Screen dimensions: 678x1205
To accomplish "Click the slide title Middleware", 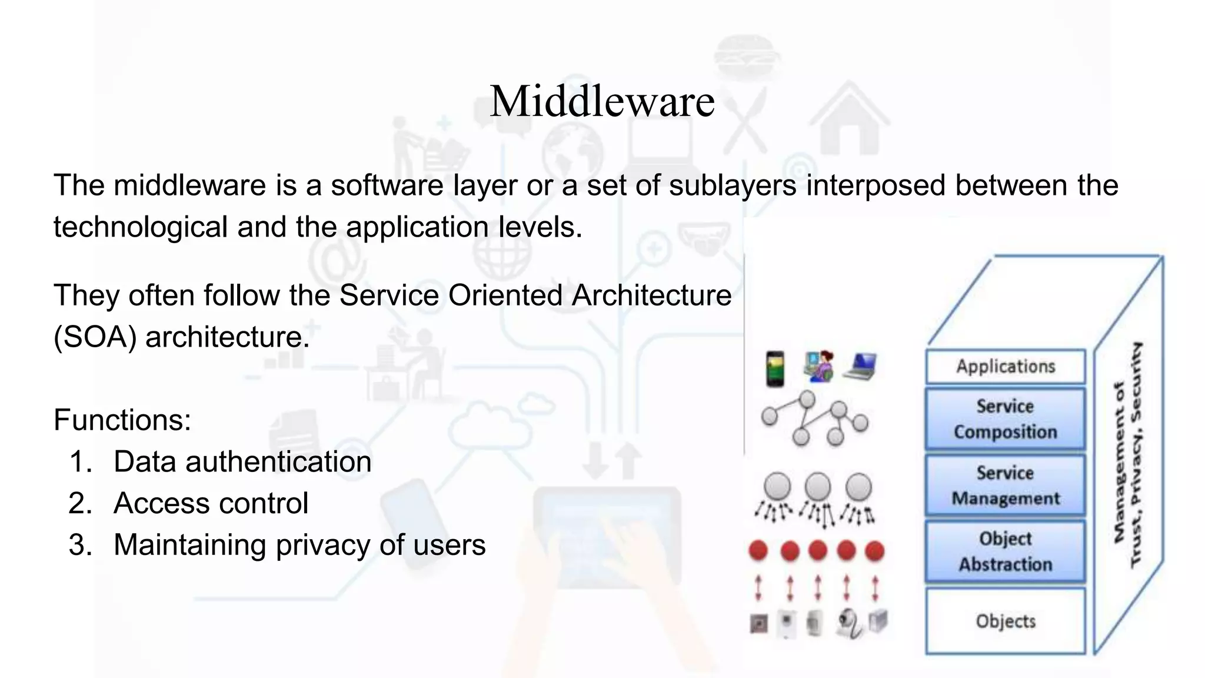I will point(602,101).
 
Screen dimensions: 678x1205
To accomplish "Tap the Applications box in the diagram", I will point(1005,366).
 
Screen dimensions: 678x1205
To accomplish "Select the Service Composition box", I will point(1005,418).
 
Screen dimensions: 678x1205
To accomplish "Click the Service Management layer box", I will point(1005,486).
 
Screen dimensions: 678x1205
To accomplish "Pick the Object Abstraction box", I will point(1005,551).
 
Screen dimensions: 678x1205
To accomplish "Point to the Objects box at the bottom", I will point(1005,621).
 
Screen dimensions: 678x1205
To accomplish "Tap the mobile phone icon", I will point(775,368).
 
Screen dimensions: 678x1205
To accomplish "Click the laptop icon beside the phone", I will point(860,366).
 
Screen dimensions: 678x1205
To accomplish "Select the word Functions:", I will point(122,420).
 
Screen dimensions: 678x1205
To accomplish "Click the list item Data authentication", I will point(242,461).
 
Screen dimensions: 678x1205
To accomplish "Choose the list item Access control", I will point(211,503).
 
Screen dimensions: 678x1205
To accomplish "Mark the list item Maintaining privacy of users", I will point(299,545).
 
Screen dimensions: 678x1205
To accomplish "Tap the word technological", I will point(141,227).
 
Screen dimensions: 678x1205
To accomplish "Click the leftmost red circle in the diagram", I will point(758,551).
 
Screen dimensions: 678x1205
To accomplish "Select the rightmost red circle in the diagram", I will point(875,551).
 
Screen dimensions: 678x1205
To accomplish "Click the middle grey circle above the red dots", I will point(818,487).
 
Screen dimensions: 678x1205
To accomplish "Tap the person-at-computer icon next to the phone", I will point(818,366).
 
